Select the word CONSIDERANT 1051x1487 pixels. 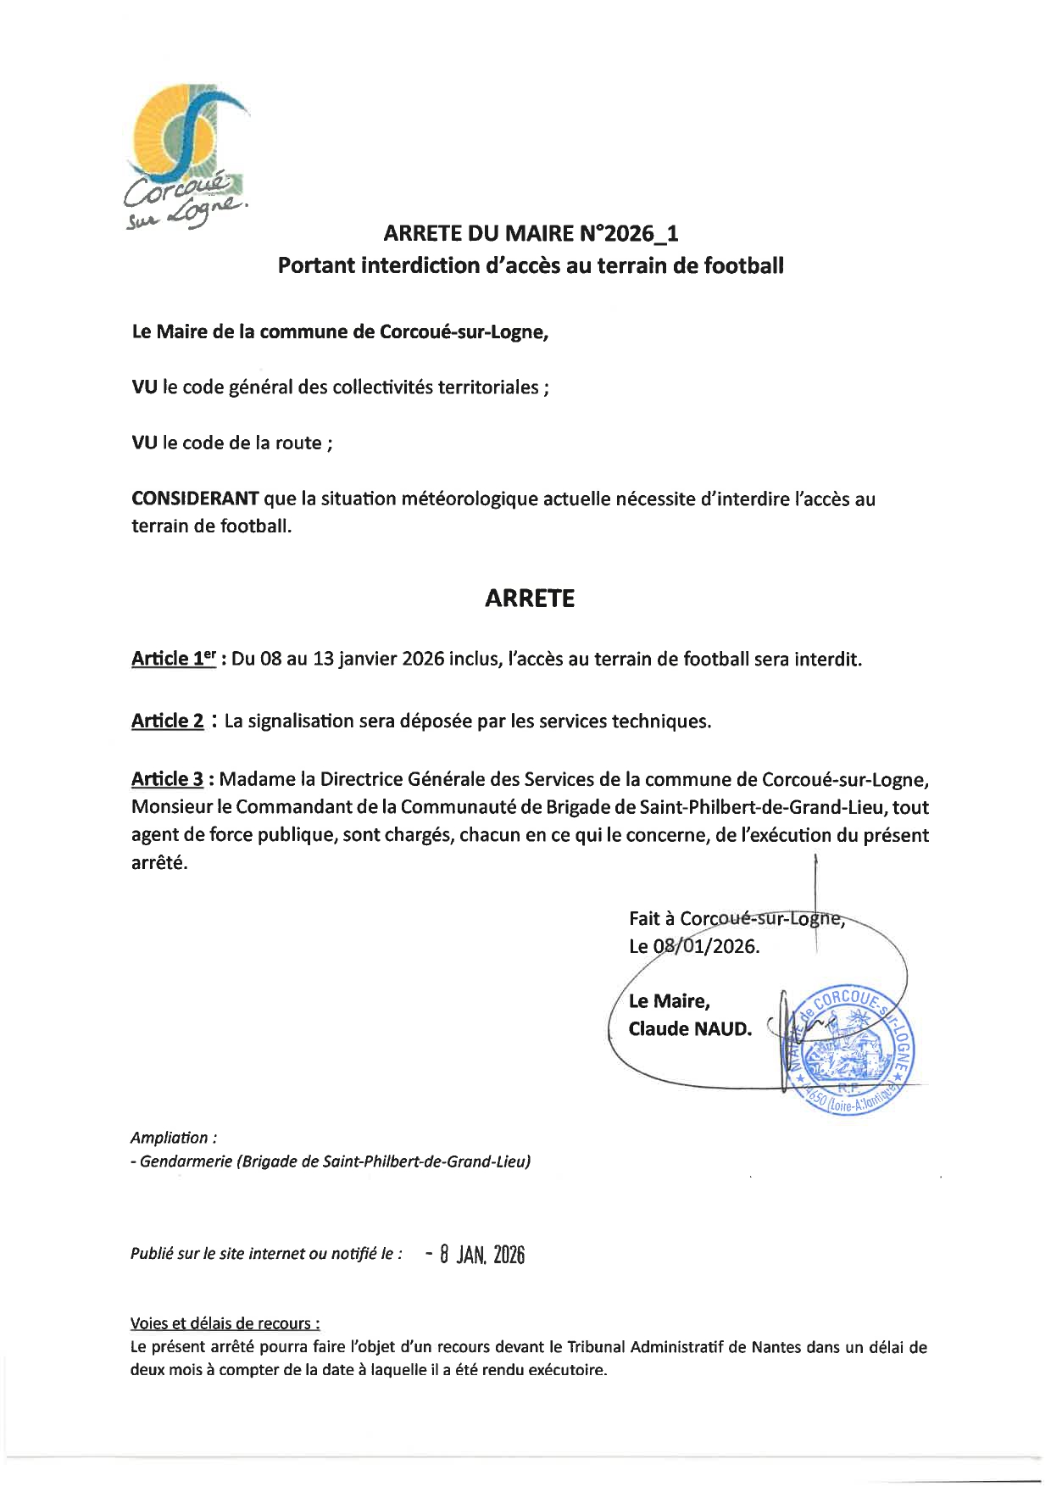[195, 498]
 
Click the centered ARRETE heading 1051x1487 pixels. [530, 599]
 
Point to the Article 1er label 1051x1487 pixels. [174, 659]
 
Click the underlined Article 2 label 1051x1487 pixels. [167, 721]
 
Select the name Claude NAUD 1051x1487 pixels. [690, 1029]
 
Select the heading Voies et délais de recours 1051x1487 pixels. [225, 1323]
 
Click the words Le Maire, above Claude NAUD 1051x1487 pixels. [670, 1001]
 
